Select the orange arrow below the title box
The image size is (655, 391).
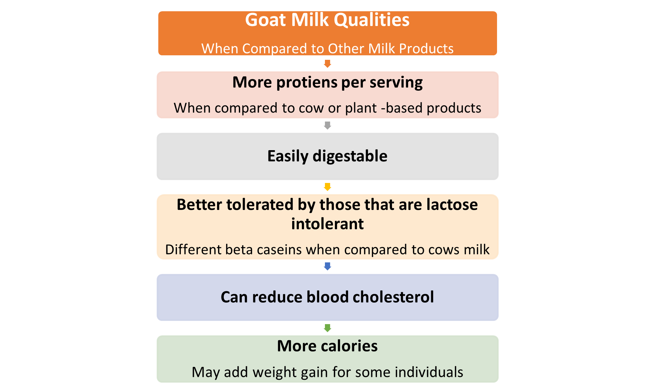(327, 64)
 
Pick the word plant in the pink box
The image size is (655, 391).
(361, 108)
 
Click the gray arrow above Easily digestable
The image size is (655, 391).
(327, 125)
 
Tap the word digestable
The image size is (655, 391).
(350, 156)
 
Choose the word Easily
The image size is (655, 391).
(288, 156)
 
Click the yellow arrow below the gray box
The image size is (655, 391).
(327, 187)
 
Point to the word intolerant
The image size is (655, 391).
(327, 224)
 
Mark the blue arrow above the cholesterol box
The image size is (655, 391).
(327, 266)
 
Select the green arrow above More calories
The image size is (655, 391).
(327, 328)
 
